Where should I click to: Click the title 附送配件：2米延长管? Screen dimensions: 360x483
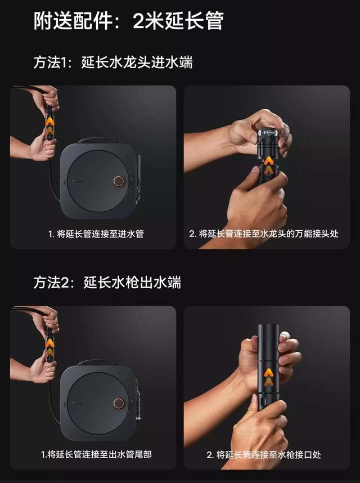pos(129,21)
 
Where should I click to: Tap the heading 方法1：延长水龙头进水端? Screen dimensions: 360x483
pos(113,62)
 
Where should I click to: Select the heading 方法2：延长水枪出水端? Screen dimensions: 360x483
pos(107,283)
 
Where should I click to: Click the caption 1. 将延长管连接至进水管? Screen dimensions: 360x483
pos(96,234)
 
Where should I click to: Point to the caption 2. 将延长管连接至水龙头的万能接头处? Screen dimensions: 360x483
pos(264,234)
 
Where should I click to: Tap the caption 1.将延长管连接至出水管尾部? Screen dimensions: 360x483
pos(96,454)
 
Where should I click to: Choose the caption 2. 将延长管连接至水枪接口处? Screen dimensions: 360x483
pos(264,455)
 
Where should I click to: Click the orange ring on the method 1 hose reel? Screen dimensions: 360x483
pos(118,181)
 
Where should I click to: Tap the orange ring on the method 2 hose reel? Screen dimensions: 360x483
pos(118,403)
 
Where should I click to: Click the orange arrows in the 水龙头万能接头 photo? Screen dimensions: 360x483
pos(268,164)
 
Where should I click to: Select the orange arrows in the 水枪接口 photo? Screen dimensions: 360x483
pos(269,377)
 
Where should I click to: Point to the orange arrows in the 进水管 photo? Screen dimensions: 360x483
pos(49,126)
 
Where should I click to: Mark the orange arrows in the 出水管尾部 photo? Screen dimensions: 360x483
pos(49,347)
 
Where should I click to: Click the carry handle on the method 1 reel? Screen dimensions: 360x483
pos(98,139)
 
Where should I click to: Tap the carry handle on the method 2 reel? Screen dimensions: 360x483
pos(98,361)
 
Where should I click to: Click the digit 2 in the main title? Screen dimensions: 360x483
pos(139,21)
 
